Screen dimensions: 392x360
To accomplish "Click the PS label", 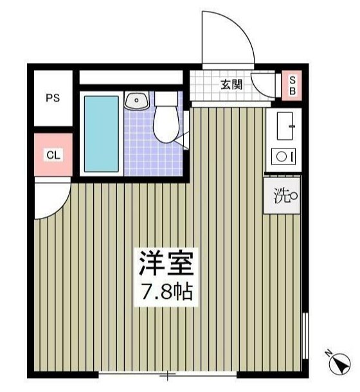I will pyautogui.click(x=53, y=98).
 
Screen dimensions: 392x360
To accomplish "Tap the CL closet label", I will pyautogui.click(x=53, y=155).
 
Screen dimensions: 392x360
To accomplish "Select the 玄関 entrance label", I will pyautogui.click(x=231, y=84).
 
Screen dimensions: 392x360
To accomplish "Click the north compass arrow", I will pyautogui.click(x=337, y=366).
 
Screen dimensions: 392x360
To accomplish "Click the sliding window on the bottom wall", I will pyautogui.click(x=168, y=375).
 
